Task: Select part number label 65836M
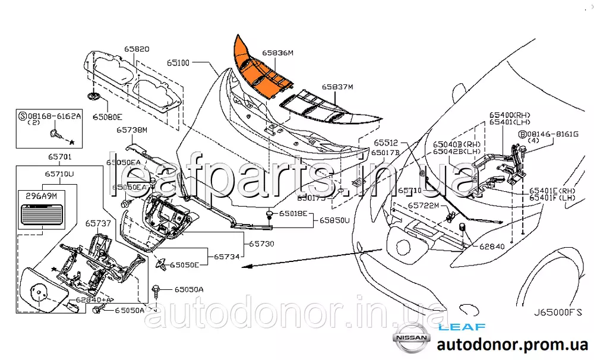pos(279,53)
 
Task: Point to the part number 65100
pos(178,62)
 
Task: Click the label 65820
pos(136,49)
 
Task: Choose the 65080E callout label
pos(107,117)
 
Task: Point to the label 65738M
pos(131,130)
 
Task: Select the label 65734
pos(226,257)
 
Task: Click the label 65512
pos(386,143)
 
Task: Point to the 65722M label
pos(422,206)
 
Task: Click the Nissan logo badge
pos(410,338)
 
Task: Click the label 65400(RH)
pos(510,115)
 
